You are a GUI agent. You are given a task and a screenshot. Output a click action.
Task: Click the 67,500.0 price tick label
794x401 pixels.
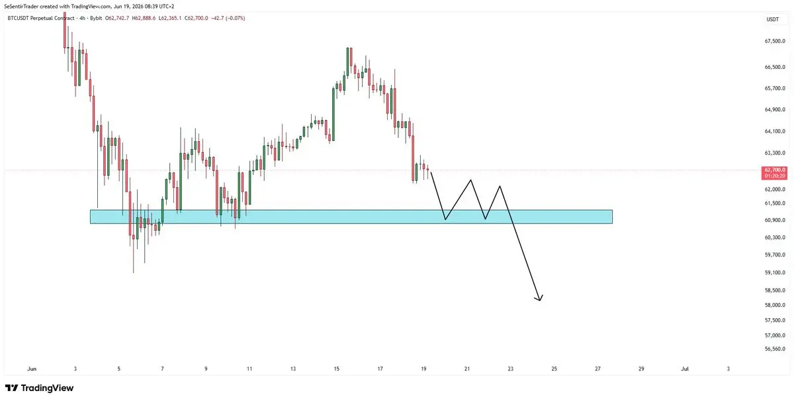pos(775,41)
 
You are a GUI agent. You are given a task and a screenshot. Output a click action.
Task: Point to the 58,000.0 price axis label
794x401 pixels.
pos(775,305)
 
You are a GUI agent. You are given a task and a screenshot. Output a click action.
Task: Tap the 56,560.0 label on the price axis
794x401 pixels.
pos(775,349)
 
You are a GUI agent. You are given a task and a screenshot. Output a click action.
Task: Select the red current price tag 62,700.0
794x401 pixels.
pos(775,170)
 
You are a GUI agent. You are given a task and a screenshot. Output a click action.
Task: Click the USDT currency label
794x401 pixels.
pos(773,19)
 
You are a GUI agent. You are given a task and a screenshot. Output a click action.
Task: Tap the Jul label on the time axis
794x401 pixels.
pos(685,369)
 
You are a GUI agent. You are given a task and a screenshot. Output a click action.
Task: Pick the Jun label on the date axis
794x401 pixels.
pos(32,369)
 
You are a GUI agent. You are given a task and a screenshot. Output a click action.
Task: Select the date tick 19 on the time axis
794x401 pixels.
pos(423,369)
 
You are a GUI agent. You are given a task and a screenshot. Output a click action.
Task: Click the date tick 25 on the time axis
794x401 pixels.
pos(554,369)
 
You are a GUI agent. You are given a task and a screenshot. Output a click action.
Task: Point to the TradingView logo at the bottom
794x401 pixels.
pos(39,388)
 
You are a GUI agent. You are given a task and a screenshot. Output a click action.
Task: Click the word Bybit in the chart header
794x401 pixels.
pos(96,18)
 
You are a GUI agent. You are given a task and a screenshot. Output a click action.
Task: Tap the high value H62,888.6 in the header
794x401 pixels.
pos(144,18)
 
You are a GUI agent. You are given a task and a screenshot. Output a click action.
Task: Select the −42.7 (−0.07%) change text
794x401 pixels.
pos(228,18)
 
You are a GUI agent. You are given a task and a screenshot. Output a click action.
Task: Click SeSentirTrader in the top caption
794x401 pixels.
pos(21,7)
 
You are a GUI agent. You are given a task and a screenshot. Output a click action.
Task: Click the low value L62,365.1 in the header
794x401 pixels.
pos(170,18)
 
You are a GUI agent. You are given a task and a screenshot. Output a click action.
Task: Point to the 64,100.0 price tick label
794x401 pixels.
pos(775,131)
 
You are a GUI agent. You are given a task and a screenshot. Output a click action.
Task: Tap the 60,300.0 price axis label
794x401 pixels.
pos(775,237)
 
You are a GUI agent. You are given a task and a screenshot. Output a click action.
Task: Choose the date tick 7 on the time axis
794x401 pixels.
pos(162,369)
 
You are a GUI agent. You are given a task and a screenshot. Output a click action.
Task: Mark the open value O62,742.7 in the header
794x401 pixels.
pos(117,18)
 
